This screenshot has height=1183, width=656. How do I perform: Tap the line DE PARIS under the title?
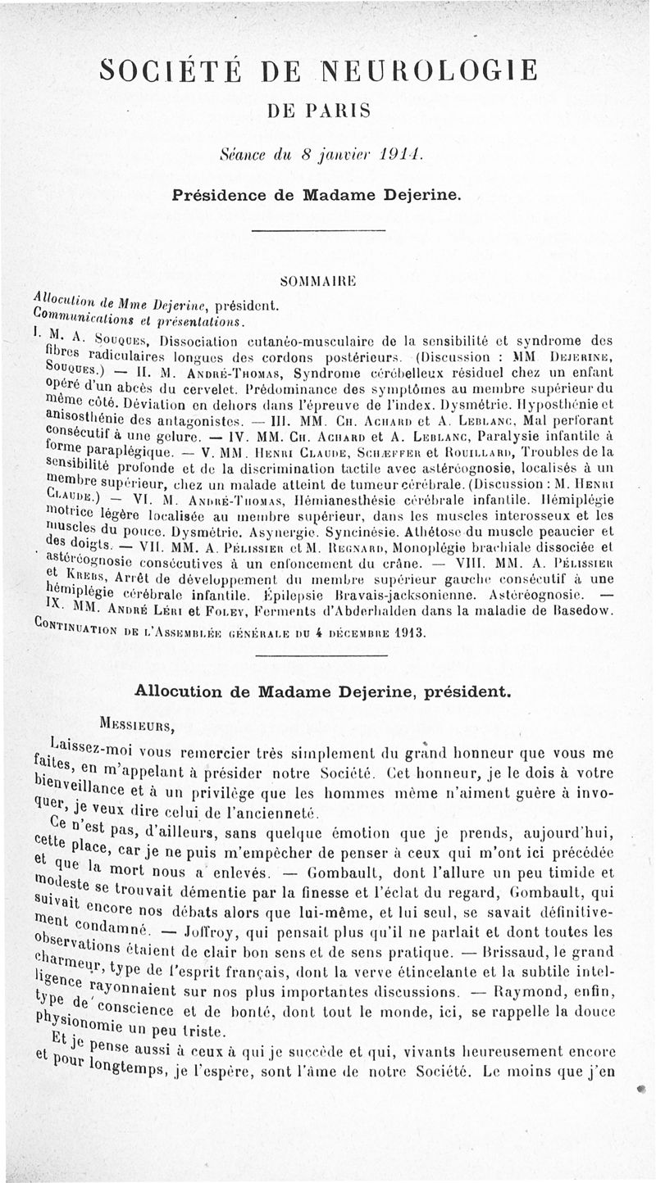coord(318,109)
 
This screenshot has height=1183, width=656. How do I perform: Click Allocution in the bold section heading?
coord(183,691)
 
